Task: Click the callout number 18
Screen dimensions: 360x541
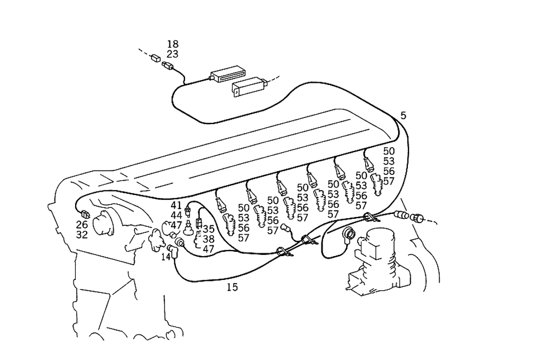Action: (x=173, y=44)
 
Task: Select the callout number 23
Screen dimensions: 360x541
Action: (x=173, y=54)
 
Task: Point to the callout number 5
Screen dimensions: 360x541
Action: (x=404, y=115)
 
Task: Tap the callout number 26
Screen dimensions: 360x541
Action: (x=82, y=225)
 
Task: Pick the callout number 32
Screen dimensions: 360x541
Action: (x=82, y=235)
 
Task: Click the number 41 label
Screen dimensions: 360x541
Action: (x=176, y=205)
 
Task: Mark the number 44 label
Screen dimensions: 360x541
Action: (x=176, y=215)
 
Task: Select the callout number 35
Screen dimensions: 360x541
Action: (x=209, y=228)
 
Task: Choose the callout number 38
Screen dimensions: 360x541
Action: (x=209, y=239)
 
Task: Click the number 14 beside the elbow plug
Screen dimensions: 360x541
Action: (x=166, y=257)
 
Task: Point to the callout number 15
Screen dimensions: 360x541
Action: (x=232, y=287)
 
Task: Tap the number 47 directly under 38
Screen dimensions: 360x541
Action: (x=209, y=249)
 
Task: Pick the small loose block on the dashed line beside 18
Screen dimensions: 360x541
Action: (x=155, y=57)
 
